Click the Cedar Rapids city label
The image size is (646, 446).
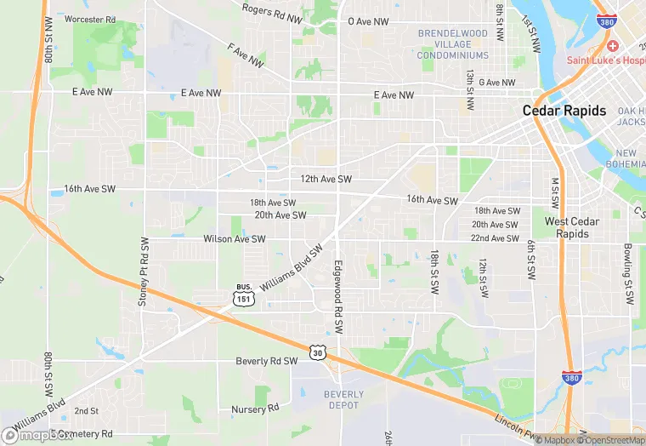click(x=564, y=111)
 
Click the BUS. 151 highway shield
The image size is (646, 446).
click(x=243, y=294)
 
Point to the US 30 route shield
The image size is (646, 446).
click(x=317, y=352)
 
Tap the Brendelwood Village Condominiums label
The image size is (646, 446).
click(x=453, y=44)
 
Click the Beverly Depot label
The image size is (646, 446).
click(x=343, y=400)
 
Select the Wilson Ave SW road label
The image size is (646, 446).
click(x=235, y=239)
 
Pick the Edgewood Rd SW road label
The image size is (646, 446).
click(x=338, y=295)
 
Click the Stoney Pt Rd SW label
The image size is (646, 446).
click(x=143, y=272)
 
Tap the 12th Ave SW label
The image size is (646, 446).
click(x=326, y=180)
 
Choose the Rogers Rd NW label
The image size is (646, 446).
click(x=272, y=13)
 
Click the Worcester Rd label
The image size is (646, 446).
click(x=89, y=19)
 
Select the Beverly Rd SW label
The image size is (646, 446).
click(x=266, y=361)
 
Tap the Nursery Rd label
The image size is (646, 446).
click(x=255, y=409)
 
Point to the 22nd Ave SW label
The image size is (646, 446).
click(x=496, y=238)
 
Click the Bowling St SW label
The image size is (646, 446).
click(x=628, y=274)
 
